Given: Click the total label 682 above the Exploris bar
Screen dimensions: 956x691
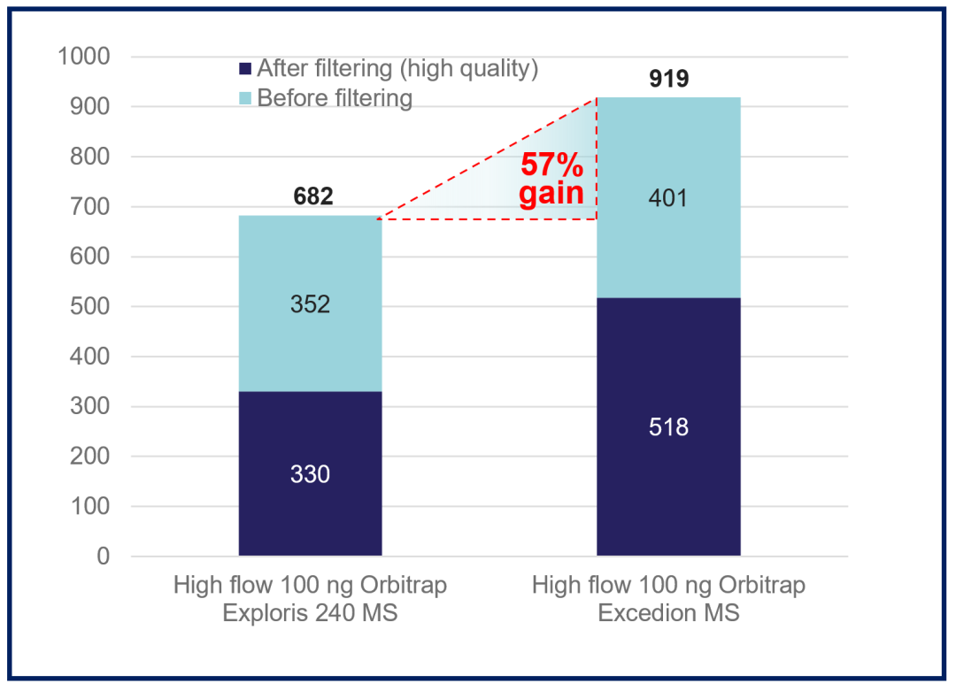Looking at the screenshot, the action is tap(312, 196).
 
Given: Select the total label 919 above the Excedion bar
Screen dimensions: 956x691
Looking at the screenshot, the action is tap(669, 79).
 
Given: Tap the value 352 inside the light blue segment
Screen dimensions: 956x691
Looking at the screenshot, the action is tap(310, 304).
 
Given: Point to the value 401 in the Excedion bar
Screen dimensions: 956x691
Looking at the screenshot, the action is tap(667, 198).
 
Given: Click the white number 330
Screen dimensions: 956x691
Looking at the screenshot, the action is tap(310, 474).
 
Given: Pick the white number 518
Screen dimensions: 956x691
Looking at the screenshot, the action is tap(668, 427).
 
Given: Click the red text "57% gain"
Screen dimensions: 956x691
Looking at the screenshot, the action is tap(551, 179).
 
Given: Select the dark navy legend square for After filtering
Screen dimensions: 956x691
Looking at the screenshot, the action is tap(245, 68).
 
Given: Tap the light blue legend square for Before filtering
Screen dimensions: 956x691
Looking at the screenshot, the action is tap(245, 98).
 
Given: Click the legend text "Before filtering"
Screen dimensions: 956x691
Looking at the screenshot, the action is tap(335, 98).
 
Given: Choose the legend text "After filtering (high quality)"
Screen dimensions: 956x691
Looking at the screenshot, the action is tap(397, 68).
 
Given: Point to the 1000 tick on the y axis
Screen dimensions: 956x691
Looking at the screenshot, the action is tap(83, 57).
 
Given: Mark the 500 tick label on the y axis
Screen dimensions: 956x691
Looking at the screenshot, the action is tap(89, 306).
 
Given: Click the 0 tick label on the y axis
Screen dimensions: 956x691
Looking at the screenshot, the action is tap(103, 557).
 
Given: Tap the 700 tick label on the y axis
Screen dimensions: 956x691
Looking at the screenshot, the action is tap(89, 206).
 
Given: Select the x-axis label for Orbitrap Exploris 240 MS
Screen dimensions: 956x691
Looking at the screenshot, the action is tap(310, 598).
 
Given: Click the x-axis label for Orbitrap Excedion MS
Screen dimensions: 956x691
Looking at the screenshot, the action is tap(668, 598).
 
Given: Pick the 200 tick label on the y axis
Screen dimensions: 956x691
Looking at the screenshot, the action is tap(89, 457).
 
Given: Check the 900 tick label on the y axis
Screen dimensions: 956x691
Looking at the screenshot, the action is tap(89, 107).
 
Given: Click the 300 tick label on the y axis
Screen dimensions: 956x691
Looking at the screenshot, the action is tap(89, 406).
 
